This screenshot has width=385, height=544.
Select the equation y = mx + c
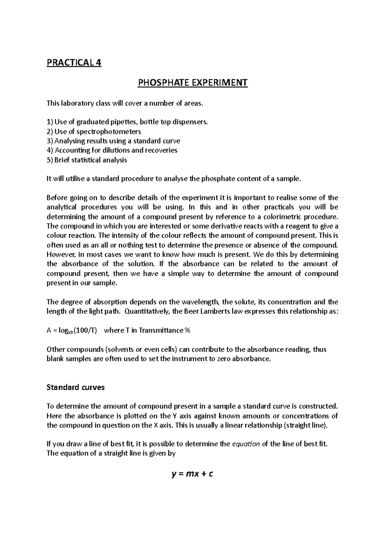[193, 474]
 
